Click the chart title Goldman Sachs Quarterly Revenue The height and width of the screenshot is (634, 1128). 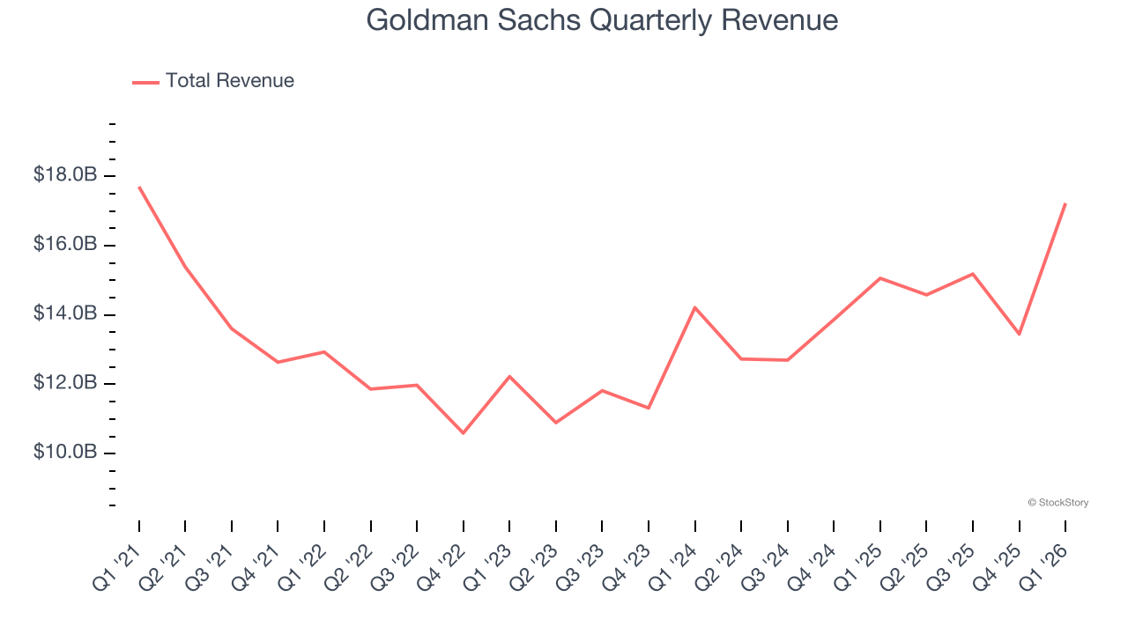point(602,20)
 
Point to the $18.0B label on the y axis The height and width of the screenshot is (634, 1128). point(65,175)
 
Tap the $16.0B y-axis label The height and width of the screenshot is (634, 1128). point(65,244)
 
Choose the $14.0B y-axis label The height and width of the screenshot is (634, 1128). point(65,313)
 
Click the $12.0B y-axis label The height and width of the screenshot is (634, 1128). point(65,383)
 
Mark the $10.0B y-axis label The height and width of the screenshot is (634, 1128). point(65,453)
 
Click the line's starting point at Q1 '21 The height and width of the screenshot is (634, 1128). point(139,187)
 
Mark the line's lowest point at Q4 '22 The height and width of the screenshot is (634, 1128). point(464,433)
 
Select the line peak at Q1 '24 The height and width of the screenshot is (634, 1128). point(695,307)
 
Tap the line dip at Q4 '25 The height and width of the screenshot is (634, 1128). point(1020,335)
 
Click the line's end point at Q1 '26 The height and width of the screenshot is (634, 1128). point(1065,203)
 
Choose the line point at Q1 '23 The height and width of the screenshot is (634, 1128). point(509,376)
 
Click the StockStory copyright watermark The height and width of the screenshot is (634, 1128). point(1057,503)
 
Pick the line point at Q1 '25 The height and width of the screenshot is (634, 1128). point(880,278)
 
